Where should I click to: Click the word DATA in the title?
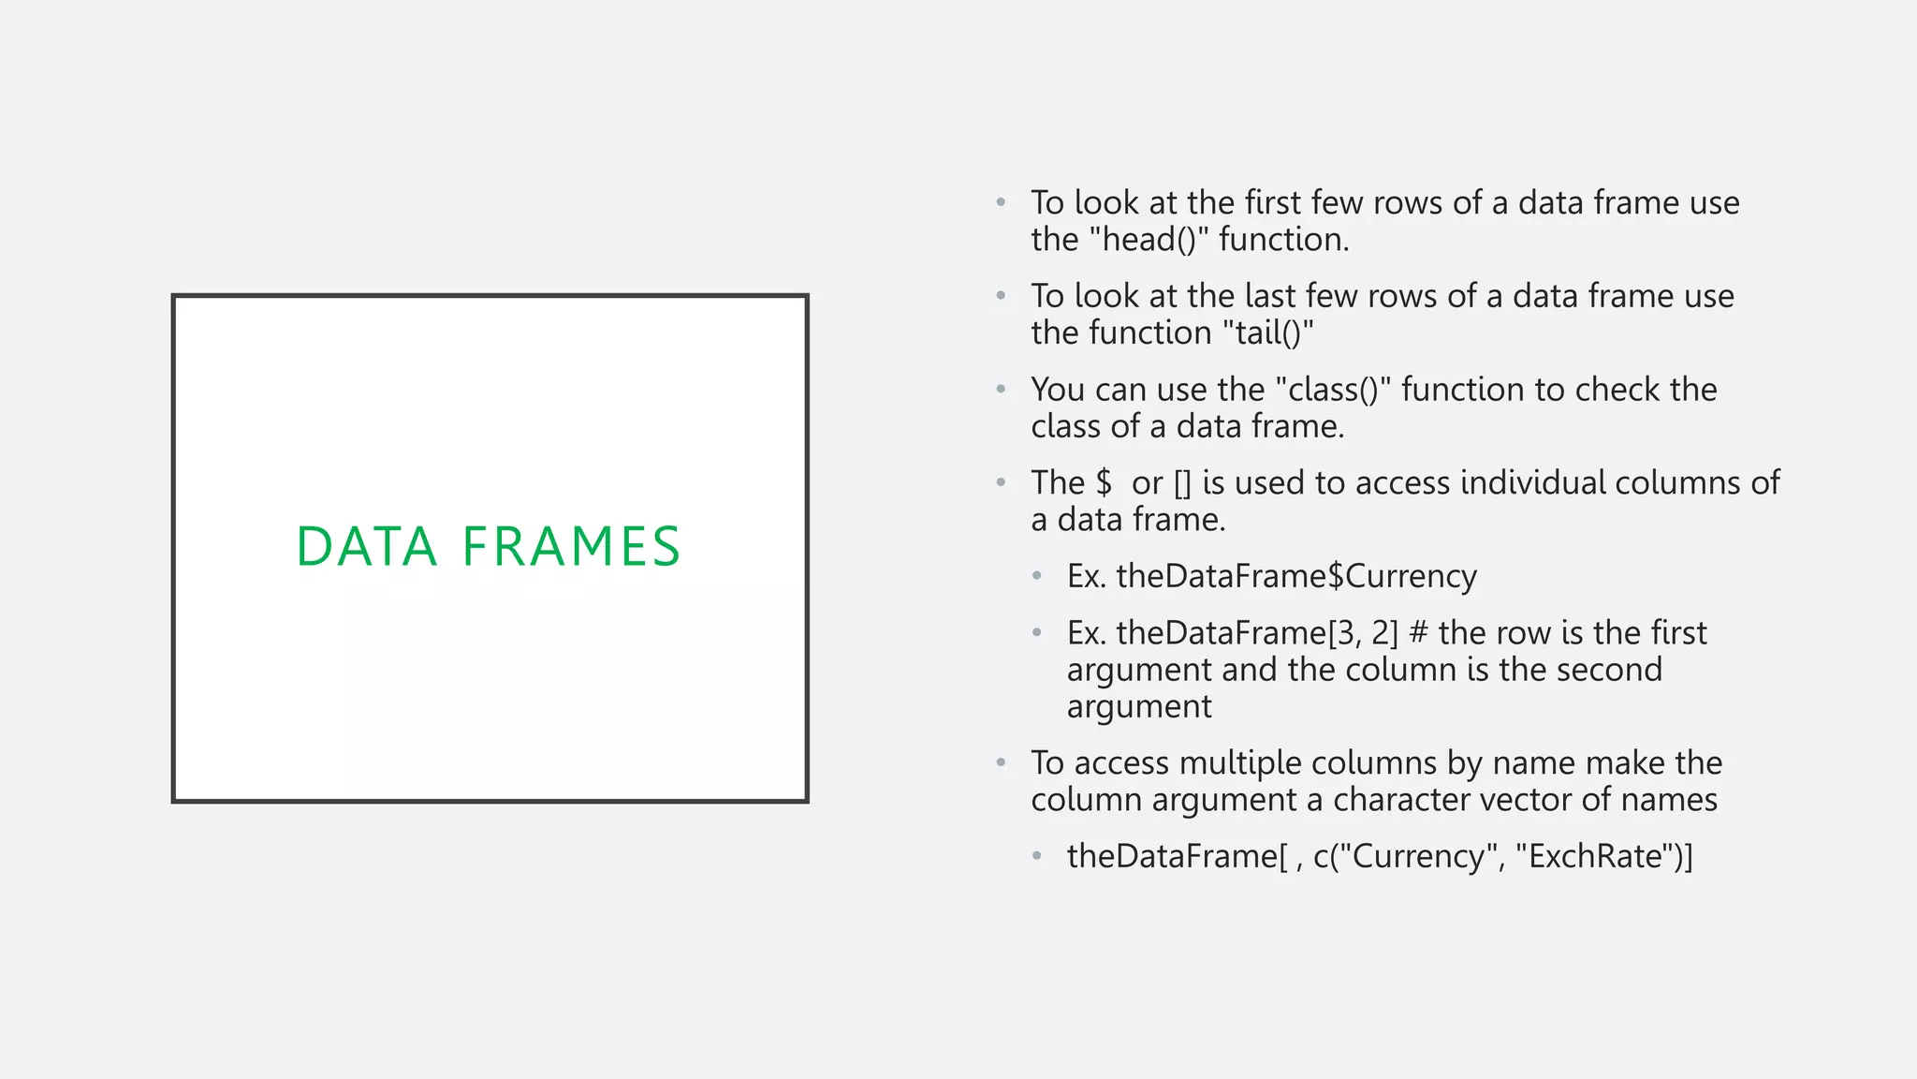tap(366, 547)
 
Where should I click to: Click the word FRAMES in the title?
tap(571, 547)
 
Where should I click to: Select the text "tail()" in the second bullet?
tap(1268, 333)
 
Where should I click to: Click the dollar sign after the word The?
tap(1105, 483)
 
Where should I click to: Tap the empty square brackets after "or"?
tap(1182, 483)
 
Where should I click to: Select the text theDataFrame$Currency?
tap(1296, 576)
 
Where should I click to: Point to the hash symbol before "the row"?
tap(1418, 633)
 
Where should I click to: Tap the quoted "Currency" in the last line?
tap(1419, 856)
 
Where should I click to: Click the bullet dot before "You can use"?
tap(1001, 389)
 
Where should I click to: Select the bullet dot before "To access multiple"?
tap(1001, 762)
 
